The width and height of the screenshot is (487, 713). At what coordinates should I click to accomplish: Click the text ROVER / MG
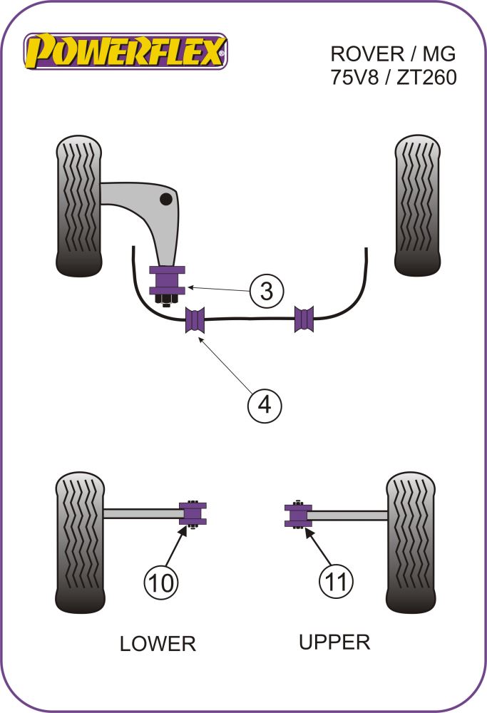point(391,54)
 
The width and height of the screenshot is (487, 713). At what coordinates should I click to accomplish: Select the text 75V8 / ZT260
point(391,77)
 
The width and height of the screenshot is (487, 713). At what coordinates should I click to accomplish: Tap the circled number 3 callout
point(266,291)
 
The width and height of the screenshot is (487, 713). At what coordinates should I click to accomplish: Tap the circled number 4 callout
point(265,406)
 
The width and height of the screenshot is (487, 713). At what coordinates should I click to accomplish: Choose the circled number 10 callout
point(162,583)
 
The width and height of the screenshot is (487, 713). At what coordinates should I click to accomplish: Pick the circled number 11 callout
point(334,583)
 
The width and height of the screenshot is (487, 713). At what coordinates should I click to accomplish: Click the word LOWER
point(158,644)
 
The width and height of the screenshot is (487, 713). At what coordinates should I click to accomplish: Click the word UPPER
point(334,642)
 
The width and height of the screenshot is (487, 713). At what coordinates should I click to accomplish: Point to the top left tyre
point(79,205)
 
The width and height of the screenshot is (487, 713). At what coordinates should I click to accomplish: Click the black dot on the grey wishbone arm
point(167,198)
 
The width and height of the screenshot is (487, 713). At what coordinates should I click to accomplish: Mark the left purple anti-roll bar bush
point(195,319)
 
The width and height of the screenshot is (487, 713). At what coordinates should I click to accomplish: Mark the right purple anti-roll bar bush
point(304,319)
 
